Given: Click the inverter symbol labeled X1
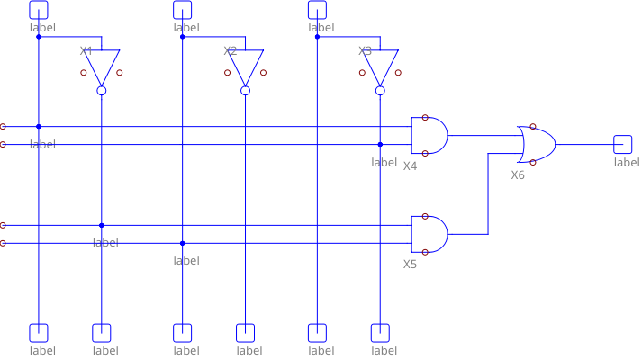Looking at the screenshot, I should coord(102,67).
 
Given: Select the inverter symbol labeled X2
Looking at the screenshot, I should coord(246,67).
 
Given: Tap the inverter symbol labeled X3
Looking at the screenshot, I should coord(380,67).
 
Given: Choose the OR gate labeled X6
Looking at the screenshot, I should coord(536,144).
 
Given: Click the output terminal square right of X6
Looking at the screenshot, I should coord(623,144).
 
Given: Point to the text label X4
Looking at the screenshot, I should coord(411,166).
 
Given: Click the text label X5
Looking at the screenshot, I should coord(411,265).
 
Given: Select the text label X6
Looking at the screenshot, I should coord(518,175).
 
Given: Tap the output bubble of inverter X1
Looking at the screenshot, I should coord(102,91).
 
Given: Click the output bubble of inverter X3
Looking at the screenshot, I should coord(380,91).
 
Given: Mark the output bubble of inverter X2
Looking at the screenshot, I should coord(246,91).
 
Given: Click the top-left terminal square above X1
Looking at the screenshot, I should coord(39,9).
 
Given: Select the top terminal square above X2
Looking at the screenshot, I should coord(183,9).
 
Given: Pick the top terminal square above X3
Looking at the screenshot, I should coord(317,9).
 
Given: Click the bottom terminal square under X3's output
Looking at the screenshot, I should coord(380,332).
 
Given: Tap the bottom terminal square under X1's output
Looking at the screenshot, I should coord(102,332).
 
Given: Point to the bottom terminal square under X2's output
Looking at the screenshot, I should coord(246,332).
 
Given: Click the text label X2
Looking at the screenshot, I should coord(231,50).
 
